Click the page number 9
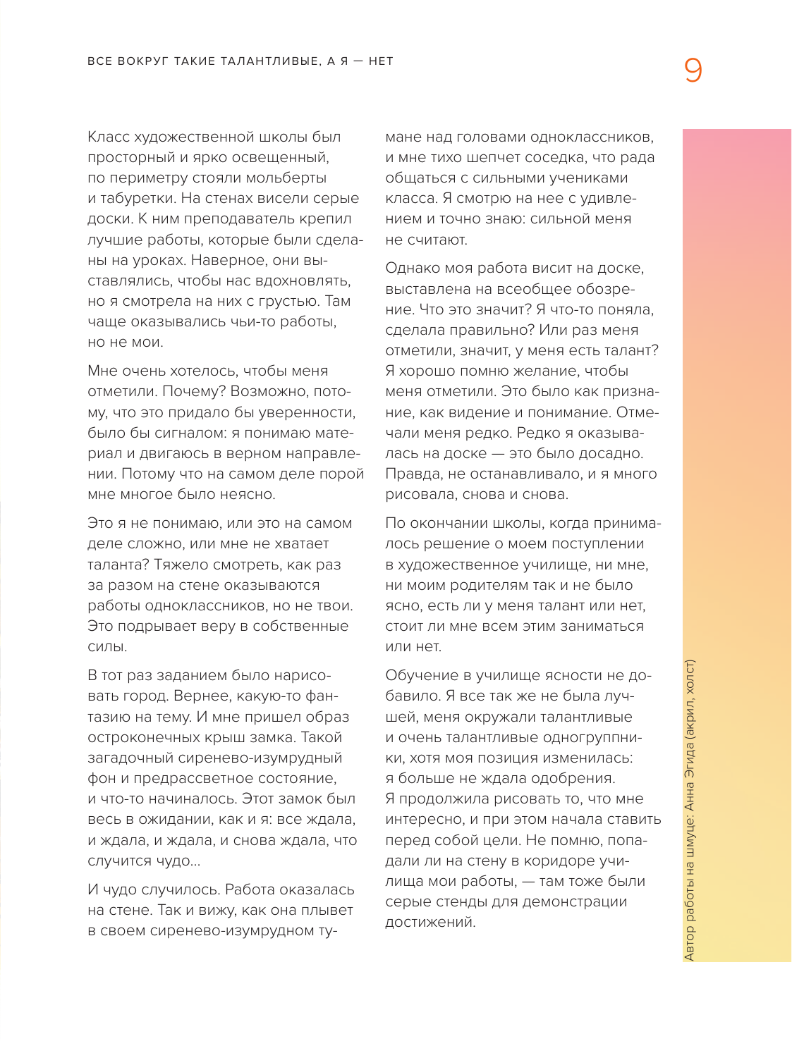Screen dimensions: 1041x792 (693, 70)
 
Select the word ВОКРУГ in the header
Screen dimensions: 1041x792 (140, 61)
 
